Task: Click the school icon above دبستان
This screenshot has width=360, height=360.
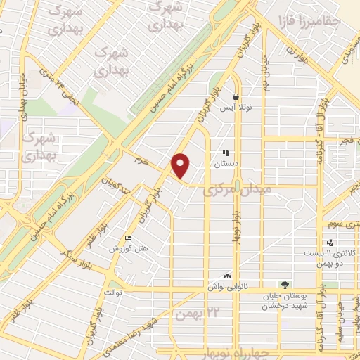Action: (x=226, y=153)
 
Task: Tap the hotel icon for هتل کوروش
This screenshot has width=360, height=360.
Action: (x=127, y=238)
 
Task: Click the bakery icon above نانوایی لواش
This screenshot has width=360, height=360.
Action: (x=226, y=276)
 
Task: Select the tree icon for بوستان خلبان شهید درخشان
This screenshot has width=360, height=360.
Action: (x=284, y=285)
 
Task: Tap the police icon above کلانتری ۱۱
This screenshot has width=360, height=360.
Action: (x=330, y=243)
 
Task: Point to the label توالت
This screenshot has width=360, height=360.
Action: (x=113, y=291)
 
